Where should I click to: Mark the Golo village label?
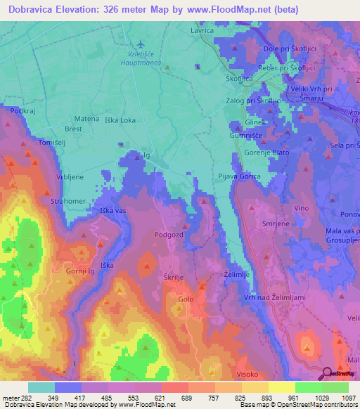coord(186,299)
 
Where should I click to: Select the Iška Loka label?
coord(120,119)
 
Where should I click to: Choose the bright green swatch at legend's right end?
coord(335,387)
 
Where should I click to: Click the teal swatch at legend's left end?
coord(41,387)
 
